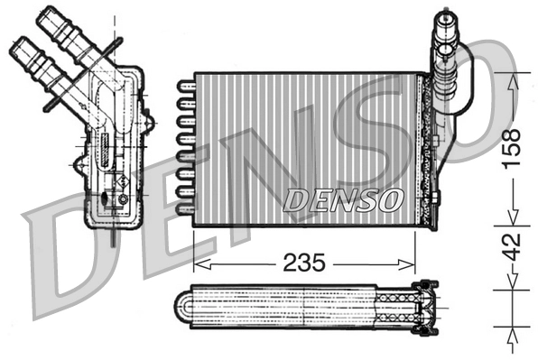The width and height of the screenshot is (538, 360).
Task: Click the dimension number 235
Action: [305, 263]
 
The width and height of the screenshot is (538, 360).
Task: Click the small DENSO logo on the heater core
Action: [342, 199]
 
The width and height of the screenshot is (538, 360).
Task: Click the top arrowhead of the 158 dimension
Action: [512, 78]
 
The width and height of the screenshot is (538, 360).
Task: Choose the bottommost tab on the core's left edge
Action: [185, 209]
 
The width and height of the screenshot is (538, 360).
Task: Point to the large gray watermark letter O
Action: [474, 90]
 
